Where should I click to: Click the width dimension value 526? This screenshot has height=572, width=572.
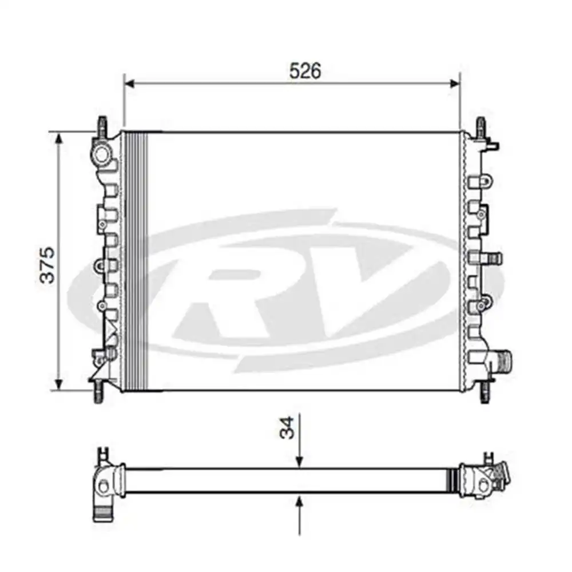point(305,70)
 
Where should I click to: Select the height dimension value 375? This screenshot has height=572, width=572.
point(47,264)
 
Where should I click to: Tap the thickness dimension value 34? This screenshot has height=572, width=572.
point(290,427)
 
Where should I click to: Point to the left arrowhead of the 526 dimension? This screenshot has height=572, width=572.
point(129,84)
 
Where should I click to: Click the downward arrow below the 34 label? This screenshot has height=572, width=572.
point(299,462)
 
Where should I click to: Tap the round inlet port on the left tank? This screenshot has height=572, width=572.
point(102,154)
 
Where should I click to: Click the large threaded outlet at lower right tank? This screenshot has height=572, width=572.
point(503,361)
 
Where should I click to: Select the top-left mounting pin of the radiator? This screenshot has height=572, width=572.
point(102,126)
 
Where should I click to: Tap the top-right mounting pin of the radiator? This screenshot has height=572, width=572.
point(481,126)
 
